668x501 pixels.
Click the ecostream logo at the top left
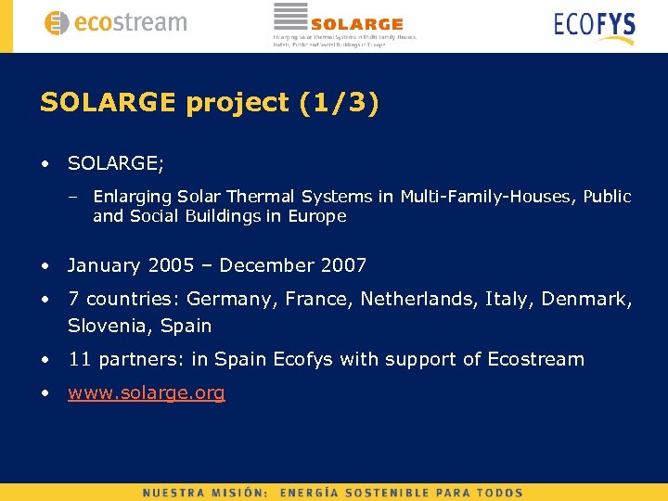pos(115,23)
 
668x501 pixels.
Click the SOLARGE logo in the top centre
pos(344,24)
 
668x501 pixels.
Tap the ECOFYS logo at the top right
pos(595,25)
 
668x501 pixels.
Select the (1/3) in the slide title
pos(340,103)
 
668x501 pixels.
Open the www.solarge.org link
pos(147,392)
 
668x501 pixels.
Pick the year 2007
pos(344,265)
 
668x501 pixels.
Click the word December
pos(267,265)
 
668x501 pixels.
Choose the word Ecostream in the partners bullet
pos(536,359)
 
